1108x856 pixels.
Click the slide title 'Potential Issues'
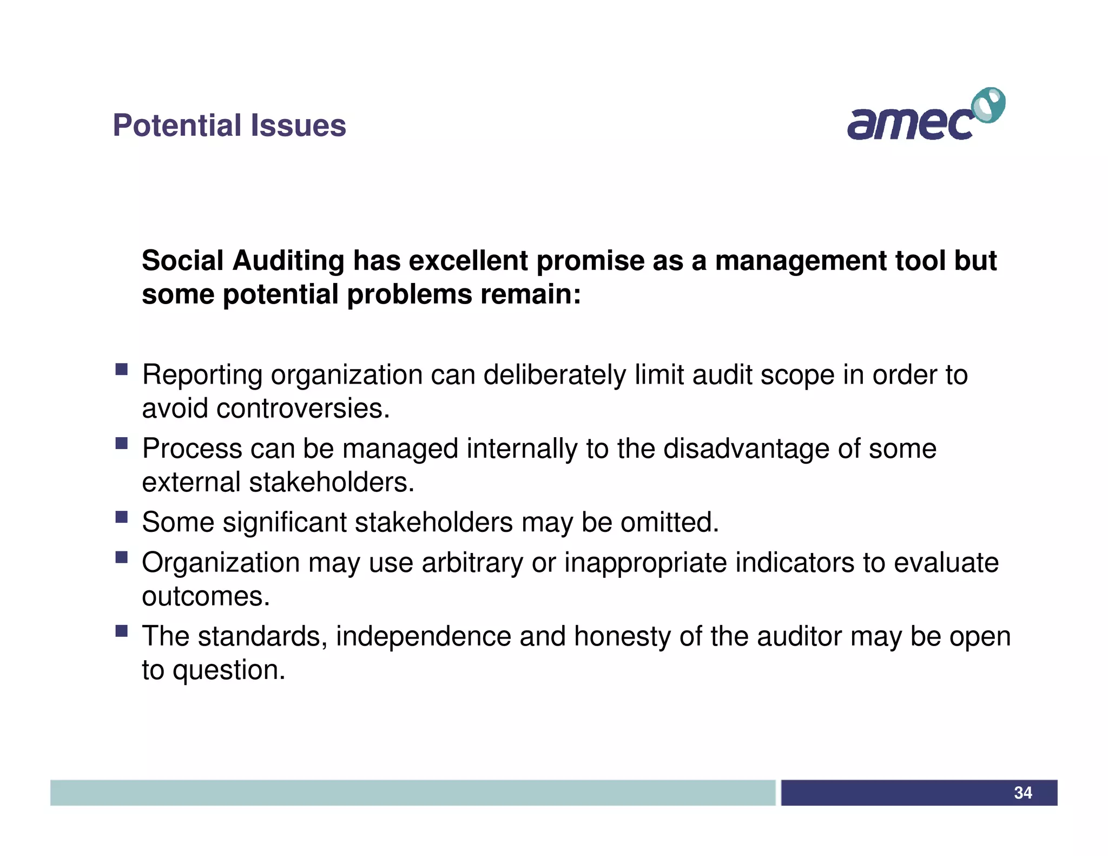click(229, 126)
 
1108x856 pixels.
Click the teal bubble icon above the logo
click(988, 105)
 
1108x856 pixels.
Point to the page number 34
click(1023, 793)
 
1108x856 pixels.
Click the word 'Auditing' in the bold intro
click(288, 261)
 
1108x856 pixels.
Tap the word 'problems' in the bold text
click(410, 295)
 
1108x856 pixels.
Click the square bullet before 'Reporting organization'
click(121, 370)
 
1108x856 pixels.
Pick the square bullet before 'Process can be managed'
click(121, 444)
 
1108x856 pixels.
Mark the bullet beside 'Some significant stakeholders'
click(121, 517)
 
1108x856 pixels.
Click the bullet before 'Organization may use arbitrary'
click(121, 557)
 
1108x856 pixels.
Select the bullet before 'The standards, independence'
click(121, 631)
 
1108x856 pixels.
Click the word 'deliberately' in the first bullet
click(554, 375)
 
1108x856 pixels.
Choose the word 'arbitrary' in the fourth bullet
click(472, 563)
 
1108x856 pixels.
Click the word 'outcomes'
click(205, 596)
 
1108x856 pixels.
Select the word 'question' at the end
click(228, 670)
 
